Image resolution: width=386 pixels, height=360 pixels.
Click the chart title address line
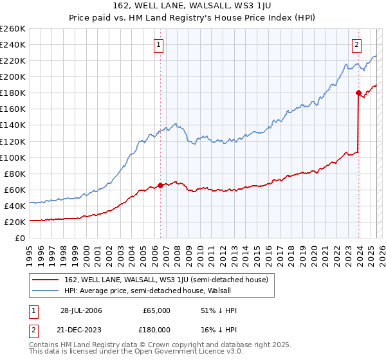pos(192,6)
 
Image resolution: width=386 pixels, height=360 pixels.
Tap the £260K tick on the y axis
pos(12,28)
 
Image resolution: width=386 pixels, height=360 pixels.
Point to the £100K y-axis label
pos(12,157)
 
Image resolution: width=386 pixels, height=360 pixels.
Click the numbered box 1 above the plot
pos(159,44)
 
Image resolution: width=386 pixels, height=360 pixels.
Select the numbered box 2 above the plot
pos(356,44)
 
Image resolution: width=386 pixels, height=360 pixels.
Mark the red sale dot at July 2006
pos(160,185)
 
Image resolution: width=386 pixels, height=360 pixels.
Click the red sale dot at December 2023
pos(358,93)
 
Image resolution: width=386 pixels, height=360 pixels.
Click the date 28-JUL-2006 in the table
pos(81,310)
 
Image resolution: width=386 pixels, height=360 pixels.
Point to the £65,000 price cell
pos(157,310)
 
